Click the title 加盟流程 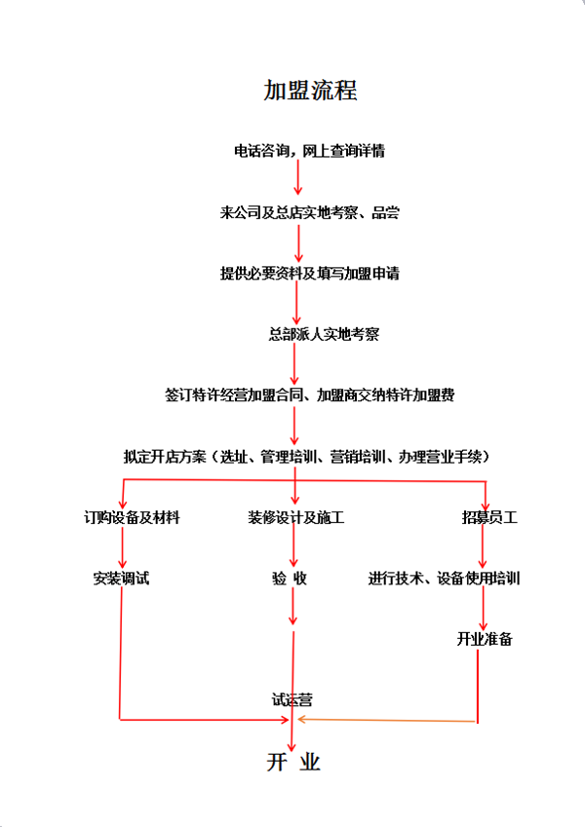(310, 91)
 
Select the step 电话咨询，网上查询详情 (309, 151)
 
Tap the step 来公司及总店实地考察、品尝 (309, 212)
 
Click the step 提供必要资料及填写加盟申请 (309, 273)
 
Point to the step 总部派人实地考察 (324, 334)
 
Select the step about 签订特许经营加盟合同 (309, 395)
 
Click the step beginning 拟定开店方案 (307, 456)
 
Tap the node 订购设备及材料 (132, 517)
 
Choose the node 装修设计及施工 (295, 517)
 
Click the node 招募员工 (489, 517)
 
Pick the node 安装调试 (121, 578)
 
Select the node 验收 (290, 578)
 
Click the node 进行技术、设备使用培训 (444, 578)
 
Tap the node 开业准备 (485, 639)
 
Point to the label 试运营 (292, 700)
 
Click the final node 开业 (293, 762)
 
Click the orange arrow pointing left (387, 720)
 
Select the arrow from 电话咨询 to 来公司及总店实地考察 (297, 177)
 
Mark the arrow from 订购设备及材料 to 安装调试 (123, 546)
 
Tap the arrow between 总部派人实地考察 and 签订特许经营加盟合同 (294, 363)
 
